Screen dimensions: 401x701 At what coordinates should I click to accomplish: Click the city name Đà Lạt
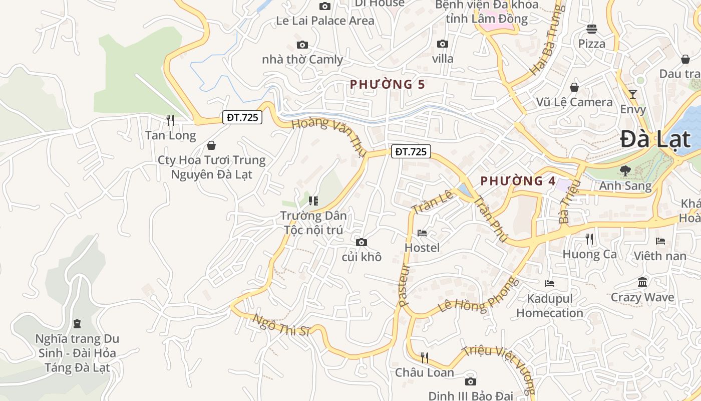click(x=656, y=139)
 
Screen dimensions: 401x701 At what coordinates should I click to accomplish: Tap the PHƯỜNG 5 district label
click(x=387, y=84)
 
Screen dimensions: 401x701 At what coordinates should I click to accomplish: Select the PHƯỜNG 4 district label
click(x=518, y=181)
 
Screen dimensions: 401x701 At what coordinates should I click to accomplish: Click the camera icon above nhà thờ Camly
click(x=302, y=45)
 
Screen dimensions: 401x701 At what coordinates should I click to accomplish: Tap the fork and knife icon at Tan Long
click(x=170, y=120)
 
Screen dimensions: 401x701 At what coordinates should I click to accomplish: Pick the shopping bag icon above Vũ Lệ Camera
click(x=574, y=87)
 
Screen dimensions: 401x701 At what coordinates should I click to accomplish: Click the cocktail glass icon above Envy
click(x=633, y=94)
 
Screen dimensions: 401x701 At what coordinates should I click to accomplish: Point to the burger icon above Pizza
click(x=592, y=29)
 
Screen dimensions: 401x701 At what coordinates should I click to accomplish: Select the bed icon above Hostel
click(x=422, y=233)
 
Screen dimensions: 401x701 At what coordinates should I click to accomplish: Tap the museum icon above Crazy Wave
click(x=642, y=282)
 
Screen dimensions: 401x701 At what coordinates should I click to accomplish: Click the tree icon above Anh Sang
click(x=625, y=171)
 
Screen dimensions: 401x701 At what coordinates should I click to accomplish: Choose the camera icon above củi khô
click(x=361, y=243)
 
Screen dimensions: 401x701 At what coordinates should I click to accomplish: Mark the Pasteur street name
click(x=404, y=284)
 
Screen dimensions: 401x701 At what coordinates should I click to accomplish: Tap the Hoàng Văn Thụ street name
click(x=328, y=137)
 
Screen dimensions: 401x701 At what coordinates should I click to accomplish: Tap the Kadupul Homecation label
click(x=550, y=306)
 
